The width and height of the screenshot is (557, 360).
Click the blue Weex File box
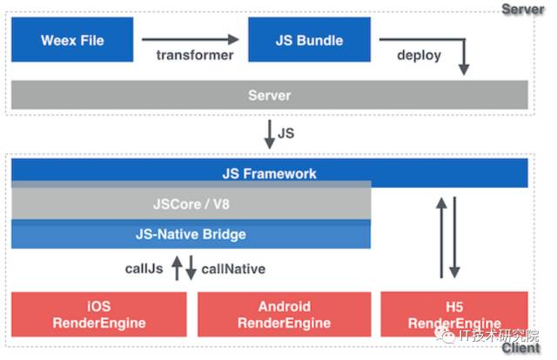[72, 39]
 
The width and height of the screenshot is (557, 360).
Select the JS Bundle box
[309, 39]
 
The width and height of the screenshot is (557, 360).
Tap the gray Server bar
[269, 95]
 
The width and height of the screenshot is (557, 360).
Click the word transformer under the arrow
[195, 55]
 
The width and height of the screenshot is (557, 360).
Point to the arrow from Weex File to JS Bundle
[190, 39]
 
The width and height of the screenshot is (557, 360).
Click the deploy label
[419, 56]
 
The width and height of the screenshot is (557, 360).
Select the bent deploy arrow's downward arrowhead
[464, 70]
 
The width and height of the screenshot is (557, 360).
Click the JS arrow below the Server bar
[270, 134]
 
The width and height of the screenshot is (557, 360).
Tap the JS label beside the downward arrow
[286, 133]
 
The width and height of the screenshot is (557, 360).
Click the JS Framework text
[269, 174]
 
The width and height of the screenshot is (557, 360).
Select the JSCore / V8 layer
[191, 203]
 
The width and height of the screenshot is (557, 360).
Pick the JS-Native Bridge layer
[191, 234]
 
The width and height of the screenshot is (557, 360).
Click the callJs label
[144, 269]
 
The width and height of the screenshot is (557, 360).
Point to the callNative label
[233, 269]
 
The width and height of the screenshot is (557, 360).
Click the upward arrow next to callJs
[177, 268]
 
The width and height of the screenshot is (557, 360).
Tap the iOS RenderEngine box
[98, 314]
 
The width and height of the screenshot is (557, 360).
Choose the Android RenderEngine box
[285, 314]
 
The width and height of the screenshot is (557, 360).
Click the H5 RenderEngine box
[454, 314]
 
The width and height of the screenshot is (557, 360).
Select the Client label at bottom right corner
[520, 348]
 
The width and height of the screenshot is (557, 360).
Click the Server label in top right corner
[522, 9]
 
